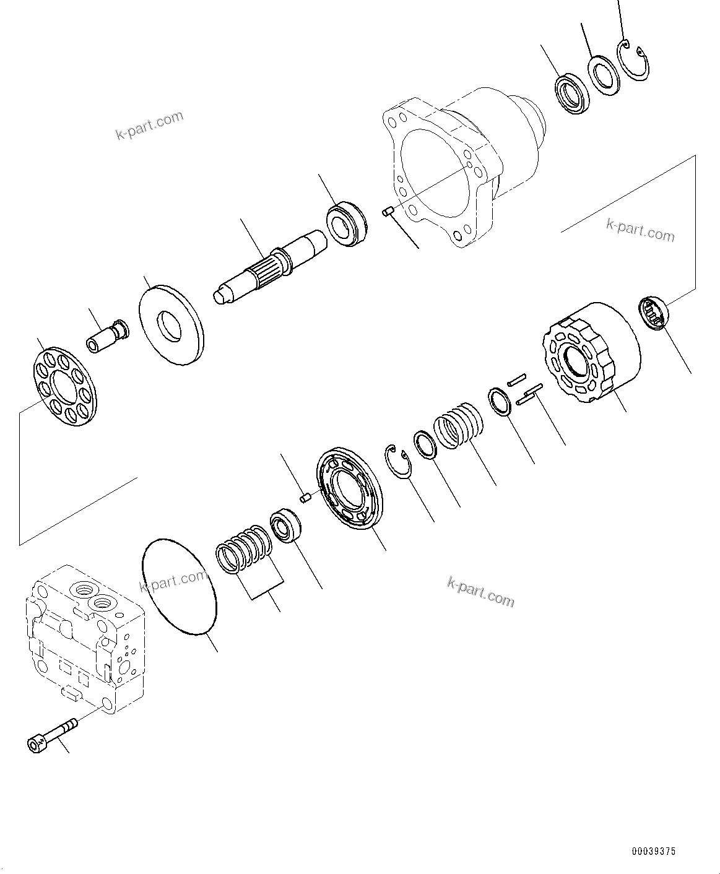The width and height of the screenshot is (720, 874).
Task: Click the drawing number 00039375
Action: (654, 852)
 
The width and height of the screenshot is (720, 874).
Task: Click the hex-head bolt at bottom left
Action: (52, 733)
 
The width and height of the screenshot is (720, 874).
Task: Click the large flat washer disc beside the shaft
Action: (171, 324)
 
